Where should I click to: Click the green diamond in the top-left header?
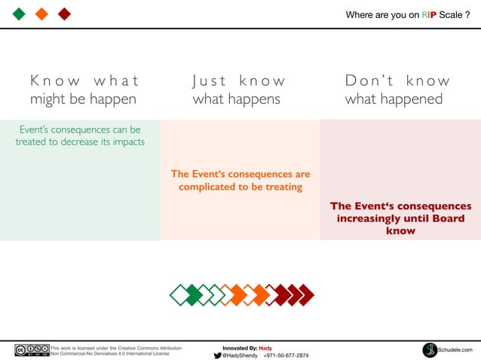point(20,14)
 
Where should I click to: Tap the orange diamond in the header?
point(42,14)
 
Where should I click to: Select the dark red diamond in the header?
point(64,14)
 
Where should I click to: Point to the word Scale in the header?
point(453,15)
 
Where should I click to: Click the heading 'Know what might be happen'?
point(84,90)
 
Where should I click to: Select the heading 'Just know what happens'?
point(238,90)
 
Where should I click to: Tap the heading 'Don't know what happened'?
point(397,90)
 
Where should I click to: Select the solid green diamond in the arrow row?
point(194,294)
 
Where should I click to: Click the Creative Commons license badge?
point(31,350)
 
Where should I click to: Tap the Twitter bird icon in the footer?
point(217,355)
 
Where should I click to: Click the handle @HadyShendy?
point(240,355)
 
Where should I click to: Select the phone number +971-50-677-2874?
point(286,355)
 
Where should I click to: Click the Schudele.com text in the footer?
point(456,350)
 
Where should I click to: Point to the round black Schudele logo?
point(430,349)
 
